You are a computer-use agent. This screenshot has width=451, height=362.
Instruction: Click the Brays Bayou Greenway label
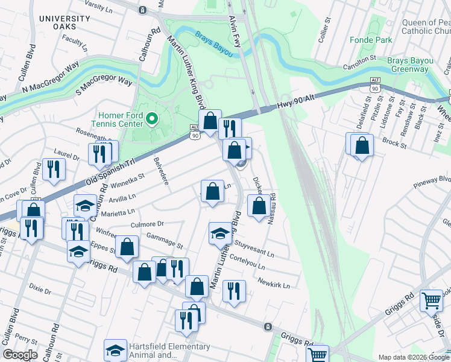tap(407, 65)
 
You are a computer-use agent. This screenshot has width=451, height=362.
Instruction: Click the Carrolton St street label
tap(359, 59)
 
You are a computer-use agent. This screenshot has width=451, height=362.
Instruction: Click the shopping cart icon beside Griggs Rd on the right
tap(432, 300)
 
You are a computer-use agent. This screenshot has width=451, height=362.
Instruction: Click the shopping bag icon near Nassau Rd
tap(259, 206)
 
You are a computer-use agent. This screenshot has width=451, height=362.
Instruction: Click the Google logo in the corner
tap(20, 355)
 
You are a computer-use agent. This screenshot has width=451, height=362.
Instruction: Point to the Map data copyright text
tap(413, 357)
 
